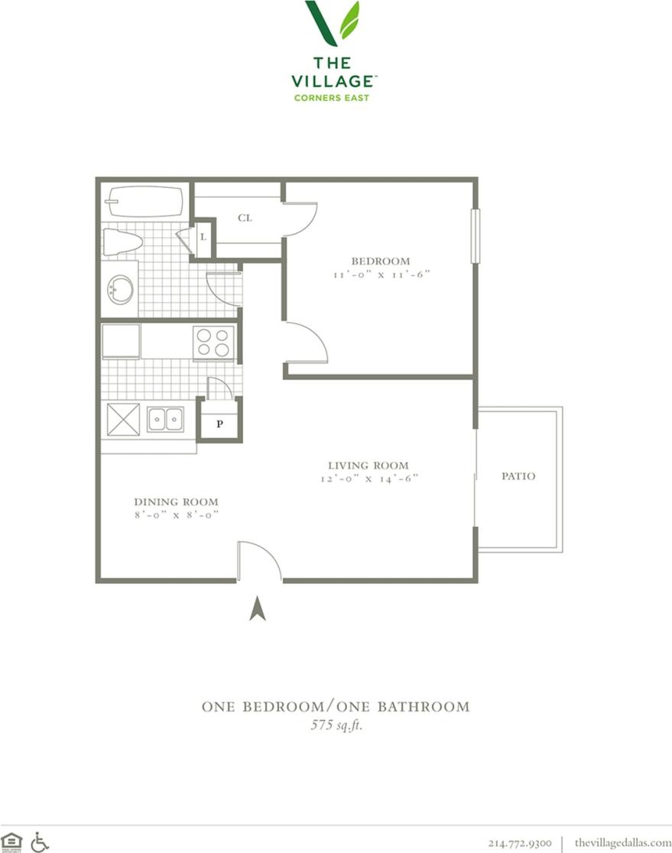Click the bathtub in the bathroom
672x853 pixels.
(144, 202)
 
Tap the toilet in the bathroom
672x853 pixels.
(123, 242)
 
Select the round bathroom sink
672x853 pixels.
(120, 290)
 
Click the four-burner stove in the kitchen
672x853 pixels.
(213, 342)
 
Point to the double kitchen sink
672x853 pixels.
(165, 419)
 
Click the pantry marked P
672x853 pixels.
(219, 423)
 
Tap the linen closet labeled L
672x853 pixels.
(203, 237)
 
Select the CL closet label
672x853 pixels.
(245, 218)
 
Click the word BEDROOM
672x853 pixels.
(380, 261)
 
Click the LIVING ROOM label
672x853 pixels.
(368, 465)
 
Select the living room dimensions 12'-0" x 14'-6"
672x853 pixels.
(368, 479)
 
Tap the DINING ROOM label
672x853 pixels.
(176, 501)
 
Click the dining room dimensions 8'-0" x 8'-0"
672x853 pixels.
(176, 515)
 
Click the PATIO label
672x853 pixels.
(518, 476)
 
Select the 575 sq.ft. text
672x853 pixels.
(336, 725)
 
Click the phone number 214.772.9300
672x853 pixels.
(520, 842)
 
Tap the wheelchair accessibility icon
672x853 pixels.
(39, 842)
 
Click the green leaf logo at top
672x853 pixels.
(333, 23)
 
